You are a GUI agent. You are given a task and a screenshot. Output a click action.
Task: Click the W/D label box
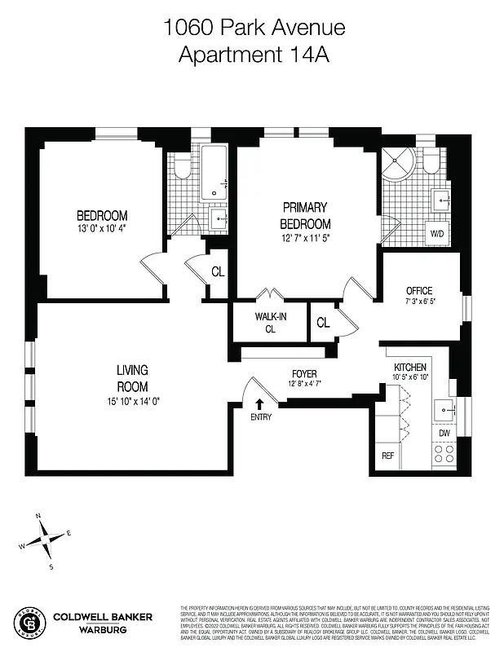tap(438, 232)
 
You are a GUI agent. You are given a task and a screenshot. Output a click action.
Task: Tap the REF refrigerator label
tap(388, 456)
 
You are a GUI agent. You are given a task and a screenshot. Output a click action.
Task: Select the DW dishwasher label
tap(444, 434)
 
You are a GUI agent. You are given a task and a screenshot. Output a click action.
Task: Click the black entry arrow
tap(260, 403)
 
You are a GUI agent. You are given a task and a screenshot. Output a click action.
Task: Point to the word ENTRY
tap(261, 417)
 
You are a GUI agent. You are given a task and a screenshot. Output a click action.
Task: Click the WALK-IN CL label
tap(270, 323)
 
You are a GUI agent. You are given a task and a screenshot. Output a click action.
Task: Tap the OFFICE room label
tap(419, 291)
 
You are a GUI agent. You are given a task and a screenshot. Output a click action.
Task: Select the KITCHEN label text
tap(410, 368)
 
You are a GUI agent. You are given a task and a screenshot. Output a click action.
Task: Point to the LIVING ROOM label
tap(131, 378)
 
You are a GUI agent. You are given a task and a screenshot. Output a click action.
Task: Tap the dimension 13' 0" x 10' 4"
tap(102, 228)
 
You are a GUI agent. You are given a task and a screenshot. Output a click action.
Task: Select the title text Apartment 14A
tap(254, 55)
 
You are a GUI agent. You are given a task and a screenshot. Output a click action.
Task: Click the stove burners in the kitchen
tap(444, 454)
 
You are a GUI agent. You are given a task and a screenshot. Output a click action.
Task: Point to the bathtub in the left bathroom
tap(215, 172)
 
